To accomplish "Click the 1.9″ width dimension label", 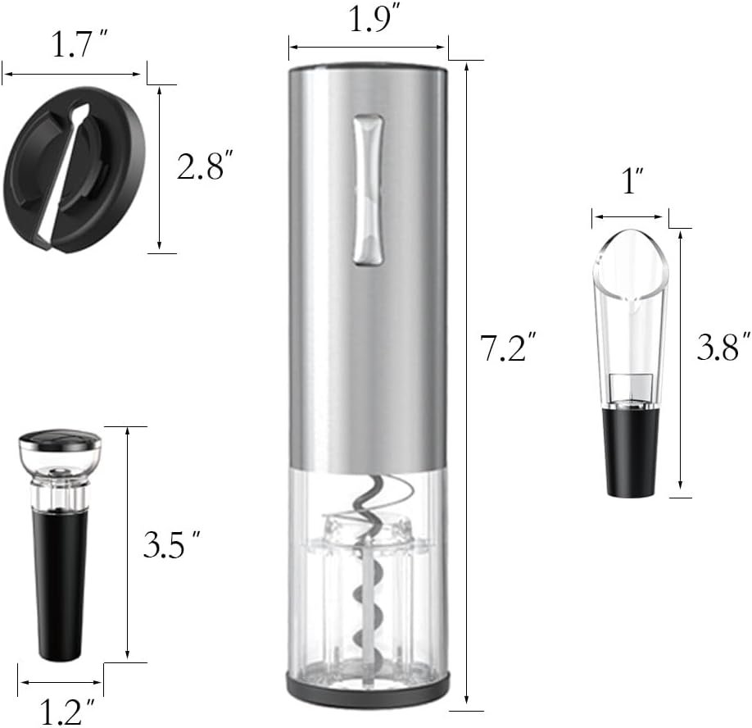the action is pos(369,20).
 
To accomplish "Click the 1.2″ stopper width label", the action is pos(67,712).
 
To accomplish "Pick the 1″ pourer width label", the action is pos(632,180).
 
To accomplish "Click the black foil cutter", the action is pos(75,168).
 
